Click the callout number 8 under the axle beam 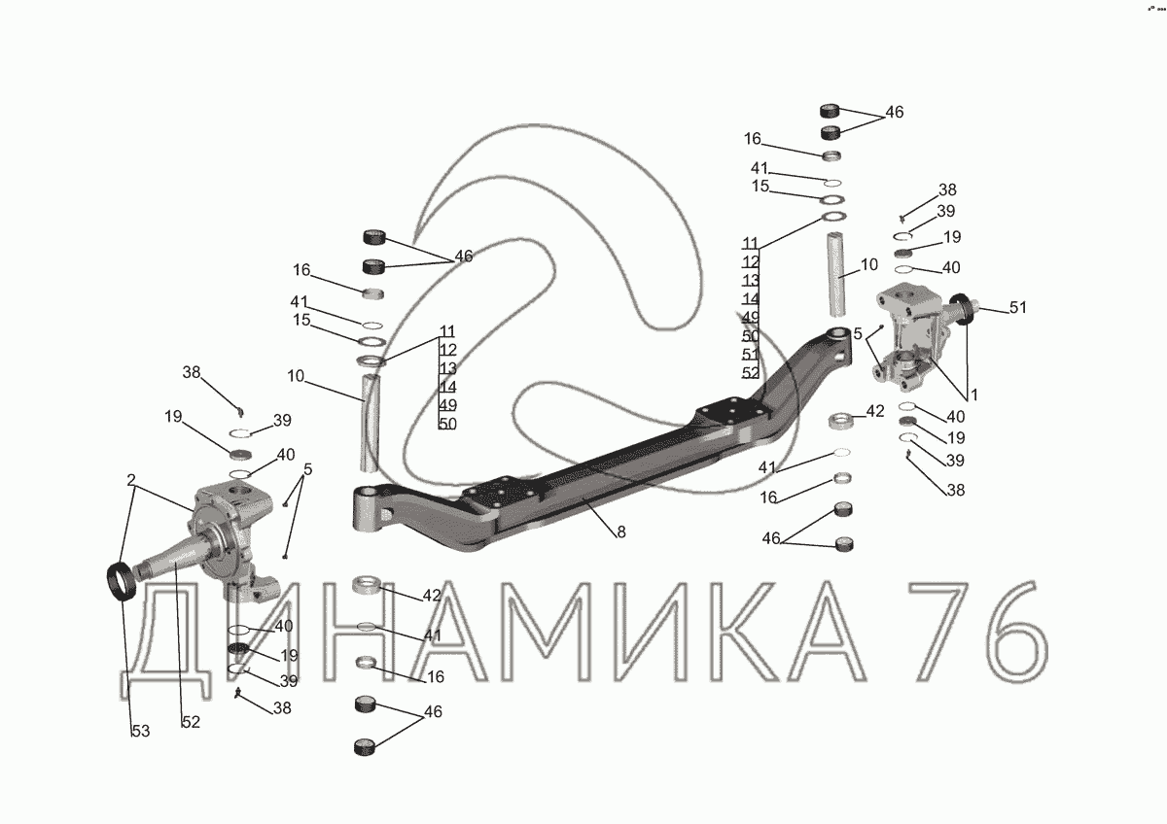click(621, 532)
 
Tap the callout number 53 click(141, 732)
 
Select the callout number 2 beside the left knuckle click(130, 479)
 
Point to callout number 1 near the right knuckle click(974, 395)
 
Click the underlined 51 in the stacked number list click(750, 355)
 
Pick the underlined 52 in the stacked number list click(750, 373)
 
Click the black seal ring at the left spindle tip click(122, 580)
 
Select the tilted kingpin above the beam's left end click(371, 423)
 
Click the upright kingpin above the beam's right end click(836, 274)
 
